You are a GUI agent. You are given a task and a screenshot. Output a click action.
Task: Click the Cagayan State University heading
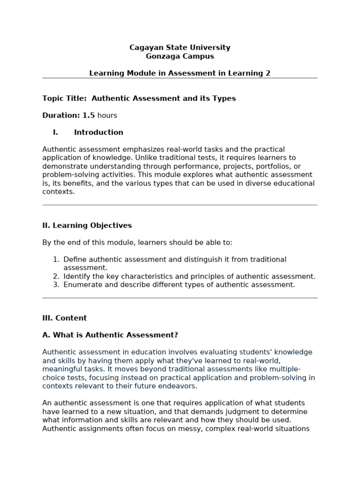(x=180, y=47)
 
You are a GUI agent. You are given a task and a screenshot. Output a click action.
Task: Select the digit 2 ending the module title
(x=268, y=73)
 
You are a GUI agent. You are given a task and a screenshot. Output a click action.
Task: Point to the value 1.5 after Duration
(x=89, y=115)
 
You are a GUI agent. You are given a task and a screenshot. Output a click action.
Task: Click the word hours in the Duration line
(x=107, y=115)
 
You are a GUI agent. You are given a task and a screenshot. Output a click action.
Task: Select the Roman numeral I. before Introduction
(x=55, y=132)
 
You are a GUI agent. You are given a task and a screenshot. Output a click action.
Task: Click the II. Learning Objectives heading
(x=87, y=225)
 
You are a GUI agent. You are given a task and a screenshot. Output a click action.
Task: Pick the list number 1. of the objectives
(x=56, y=259)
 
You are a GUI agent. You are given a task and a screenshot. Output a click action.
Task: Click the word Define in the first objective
(x=74, y=259)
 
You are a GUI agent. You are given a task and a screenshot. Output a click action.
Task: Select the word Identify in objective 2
(x=77, y=276)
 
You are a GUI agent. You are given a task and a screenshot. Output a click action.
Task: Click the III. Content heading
(x=64, y=318)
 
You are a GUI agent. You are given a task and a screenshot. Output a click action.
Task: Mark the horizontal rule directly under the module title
(x=180, y=78)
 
